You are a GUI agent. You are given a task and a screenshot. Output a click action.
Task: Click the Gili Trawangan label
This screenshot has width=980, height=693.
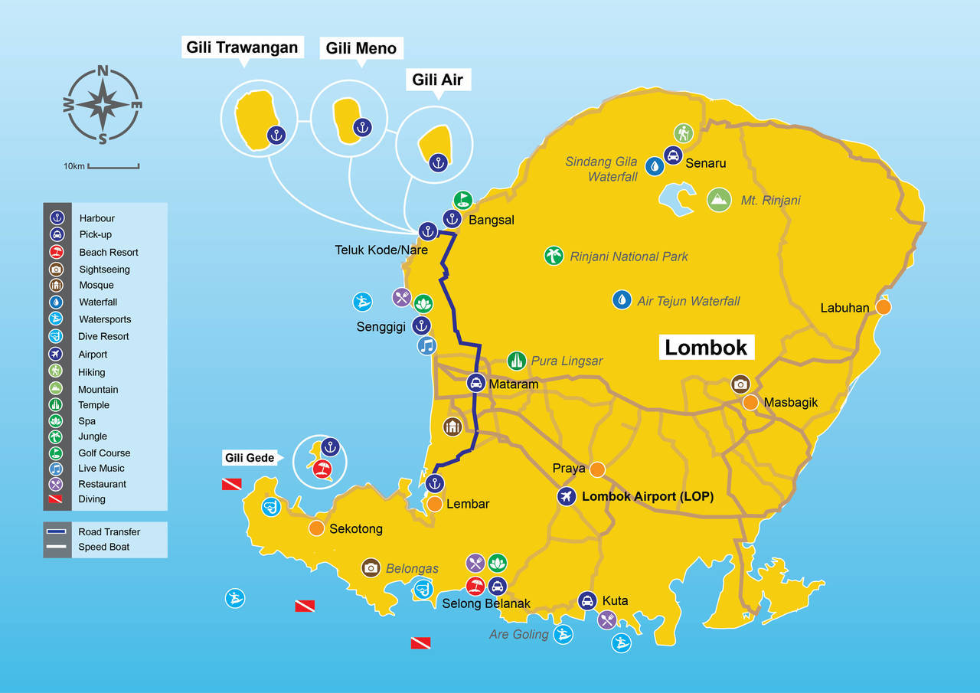[242, 47]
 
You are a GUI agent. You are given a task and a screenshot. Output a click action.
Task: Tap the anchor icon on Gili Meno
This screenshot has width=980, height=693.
[363, 127]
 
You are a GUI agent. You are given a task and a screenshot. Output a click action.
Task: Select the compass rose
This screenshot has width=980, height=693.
[103, 105]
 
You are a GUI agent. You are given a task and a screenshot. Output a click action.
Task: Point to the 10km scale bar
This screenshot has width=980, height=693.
[113, 165]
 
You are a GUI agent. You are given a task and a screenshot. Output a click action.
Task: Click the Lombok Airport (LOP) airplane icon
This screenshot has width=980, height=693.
[567, 496]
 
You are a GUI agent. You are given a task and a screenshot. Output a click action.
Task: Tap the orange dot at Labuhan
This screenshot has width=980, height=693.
[884, 307]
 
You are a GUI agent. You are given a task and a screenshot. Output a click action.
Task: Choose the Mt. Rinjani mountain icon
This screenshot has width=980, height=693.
[719, 200]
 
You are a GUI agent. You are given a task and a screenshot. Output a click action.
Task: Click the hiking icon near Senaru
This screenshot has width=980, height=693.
[683, 133]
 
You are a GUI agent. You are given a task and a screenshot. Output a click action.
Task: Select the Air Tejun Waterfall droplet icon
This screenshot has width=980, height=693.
[622, 299]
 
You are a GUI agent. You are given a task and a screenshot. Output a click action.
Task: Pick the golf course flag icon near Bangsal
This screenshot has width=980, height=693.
[462, 201]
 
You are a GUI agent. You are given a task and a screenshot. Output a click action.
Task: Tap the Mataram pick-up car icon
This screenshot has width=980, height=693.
[476, 383]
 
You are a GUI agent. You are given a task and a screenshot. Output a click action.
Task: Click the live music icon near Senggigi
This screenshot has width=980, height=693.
[427, 345]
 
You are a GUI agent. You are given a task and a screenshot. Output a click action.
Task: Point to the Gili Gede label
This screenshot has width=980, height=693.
[249, 458]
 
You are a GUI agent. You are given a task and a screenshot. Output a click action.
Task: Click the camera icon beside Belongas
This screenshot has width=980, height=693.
[371, 567]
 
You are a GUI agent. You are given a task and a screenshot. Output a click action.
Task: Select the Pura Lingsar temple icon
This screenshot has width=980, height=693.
[517, 361]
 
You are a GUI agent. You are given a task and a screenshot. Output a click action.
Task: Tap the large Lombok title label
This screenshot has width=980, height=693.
[705, 347]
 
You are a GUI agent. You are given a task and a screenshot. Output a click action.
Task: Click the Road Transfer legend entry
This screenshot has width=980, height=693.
[109, 531]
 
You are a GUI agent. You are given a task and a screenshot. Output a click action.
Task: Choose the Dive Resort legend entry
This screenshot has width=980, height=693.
[103, 336]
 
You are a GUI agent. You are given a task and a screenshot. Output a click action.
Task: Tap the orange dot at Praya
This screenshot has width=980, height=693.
[597, 469]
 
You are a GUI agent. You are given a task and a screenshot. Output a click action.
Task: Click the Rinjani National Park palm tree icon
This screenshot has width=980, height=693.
[554, 256]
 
